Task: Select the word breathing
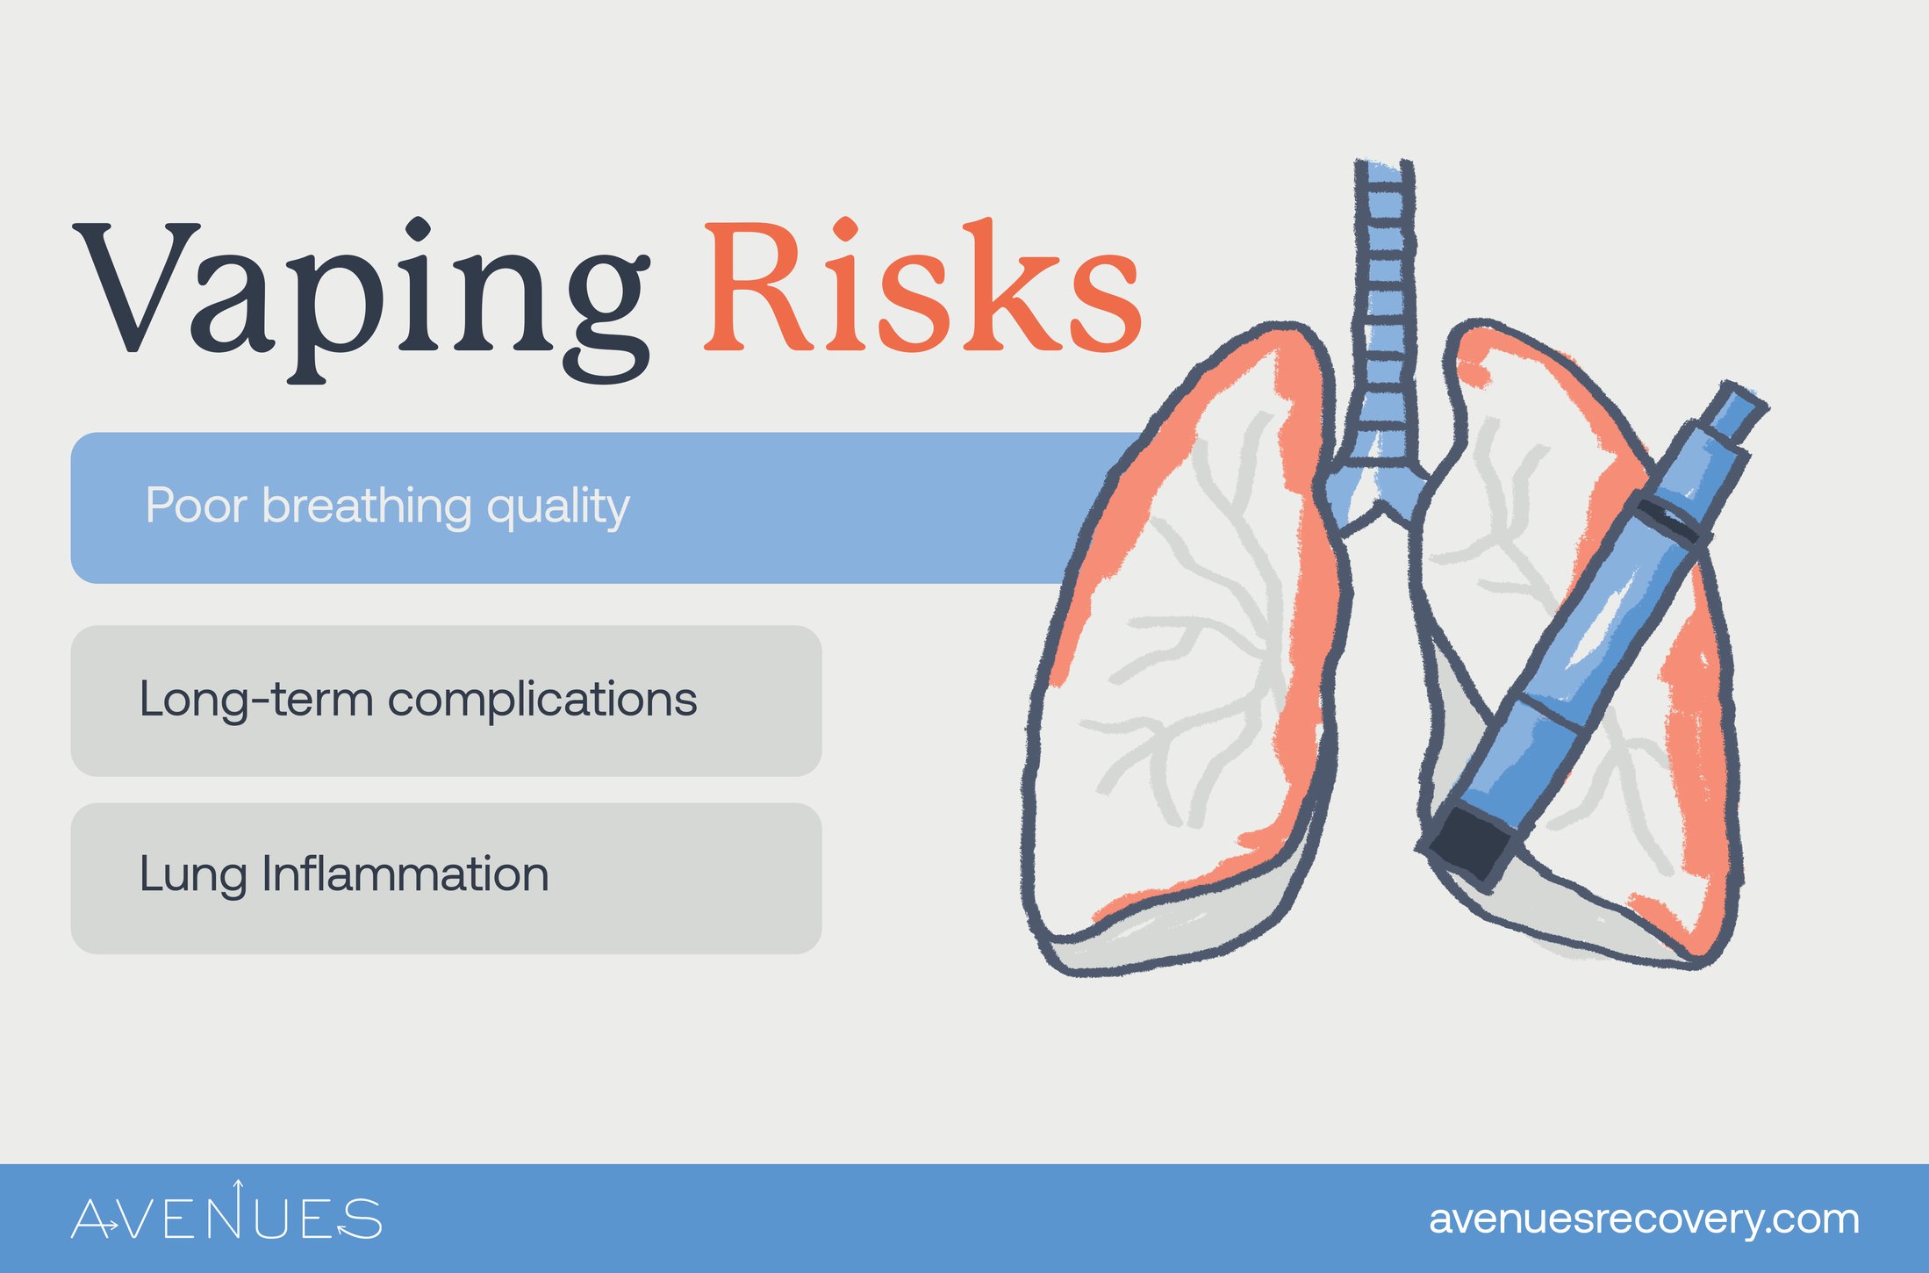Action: pos(367,507)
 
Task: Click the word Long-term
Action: pos(256,700)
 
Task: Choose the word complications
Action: pos(542,700)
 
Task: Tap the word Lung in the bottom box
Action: pos(193,875)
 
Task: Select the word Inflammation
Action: pos(405,874)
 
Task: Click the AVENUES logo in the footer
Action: pos(226,1212)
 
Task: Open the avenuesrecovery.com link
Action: pos(1644,1219)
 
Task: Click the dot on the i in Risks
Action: pos(845,227)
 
